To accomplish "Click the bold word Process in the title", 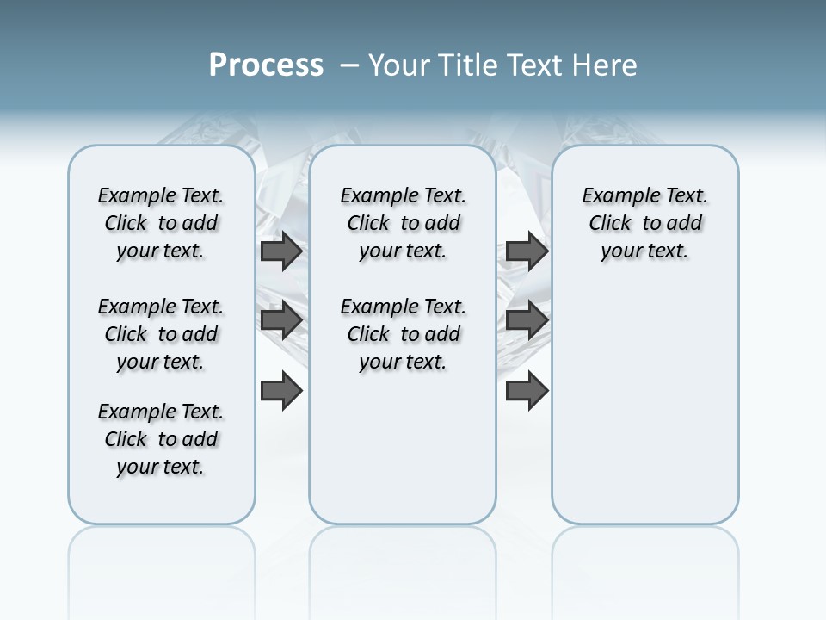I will click(266, 65).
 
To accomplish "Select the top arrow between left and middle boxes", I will click(281, 251).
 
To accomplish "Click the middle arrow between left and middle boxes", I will click(281, 320).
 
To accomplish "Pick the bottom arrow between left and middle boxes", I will click(281, 391).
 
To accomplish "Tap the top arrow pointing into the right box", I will click(527, 251).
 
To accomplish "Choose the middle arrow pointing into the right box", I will click(527, 320).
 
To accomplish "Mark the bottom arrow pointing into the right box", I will click(527, 391).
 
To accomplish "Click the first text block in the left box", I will click(161, 223).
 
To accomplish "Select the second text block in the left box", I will click(161, 334).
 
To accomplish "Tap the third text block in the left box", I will click(161, 439).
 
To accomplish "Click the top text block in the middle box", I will click(403, 223).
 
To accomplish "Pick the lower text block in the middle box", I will click(403, 334).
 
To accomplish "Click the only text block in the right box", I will click(644, 223).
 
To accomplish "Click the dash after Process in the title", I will click(349, 65).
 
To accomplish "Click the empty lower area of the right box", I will click(644, 413).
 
